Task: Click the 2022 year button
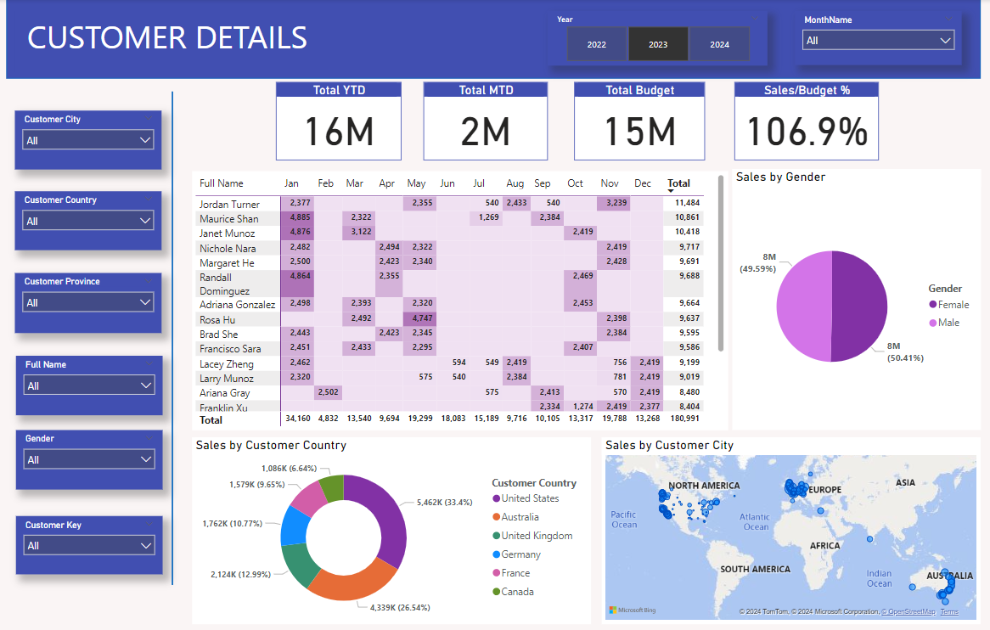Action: (597, 44)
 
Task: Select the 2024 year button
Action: (719, 44)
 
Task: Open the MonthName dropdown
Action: (878, 41)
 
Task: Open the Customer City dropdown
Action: (87, 140)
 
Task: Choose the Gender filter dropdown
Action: (88, 459)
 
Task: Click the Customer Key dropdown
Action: (88, 545)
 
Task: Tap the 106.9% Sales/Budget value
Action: (807, 132)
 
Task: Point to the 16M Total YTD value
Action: (339, 132)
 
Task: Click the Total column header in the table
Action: (678, 183)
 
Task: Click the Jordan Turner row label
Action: (229, 205)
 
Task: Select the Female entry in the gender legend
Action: (948, 305)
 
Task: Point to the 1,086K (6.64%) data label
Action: (290, 468)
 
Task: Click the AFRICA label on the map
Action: (824, 546)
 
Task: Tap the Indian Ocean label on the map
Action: (879, 578)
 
